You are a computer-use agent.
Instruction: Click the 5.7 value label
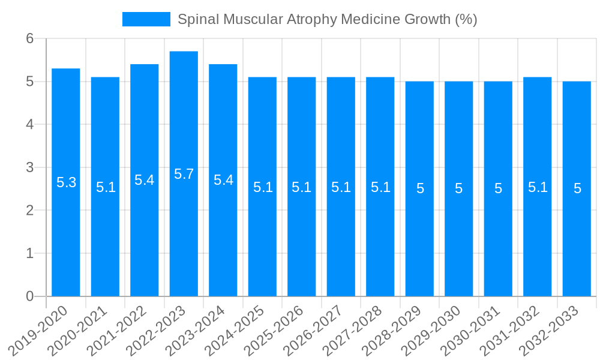(184, 174)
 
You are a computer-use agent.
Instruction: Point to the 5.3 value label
(66, 182)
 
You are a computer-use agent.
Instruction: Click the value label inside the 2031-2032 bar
(538, 187)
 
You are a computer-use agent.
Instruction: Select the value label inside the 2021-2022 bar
(144, 180)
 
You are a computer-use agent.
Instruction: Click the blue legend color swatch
(146, 19)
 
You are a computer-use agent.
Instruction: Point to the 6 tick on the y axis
(31, 38)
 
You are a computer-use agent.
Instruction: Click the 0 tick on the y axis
(31, 296)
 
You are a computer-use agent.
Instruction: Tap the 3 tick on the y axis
(31, 167)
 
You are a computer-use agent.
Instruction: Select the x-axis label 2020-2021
(77, 330)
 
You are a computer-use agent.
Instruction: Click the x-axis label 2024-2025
(235, 330)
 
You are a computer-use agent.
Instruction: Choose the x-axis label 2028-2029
(392, 330)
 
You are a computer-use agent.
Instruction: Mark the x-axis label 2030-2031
(470, 330)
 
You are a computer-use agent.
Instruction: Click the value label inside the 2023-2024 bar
(223, 180)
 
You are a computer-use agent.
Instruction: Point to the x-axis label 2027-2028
(352, 330)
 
